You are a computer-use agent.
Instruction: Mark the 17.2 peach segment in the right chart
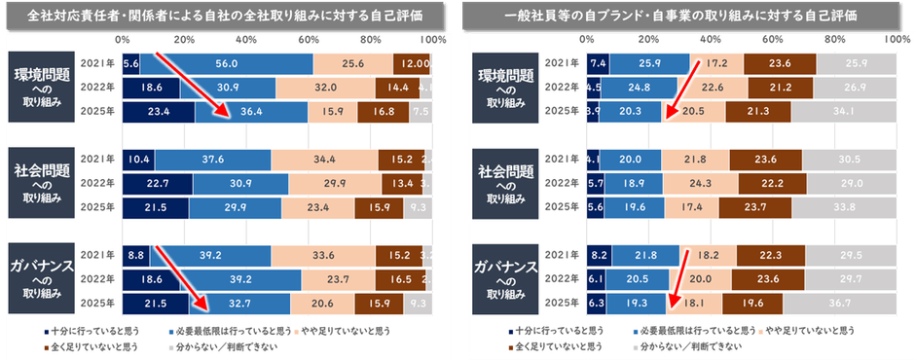click(716, 63)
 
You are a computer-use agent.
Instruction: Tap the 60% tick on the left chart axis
click(308, 40)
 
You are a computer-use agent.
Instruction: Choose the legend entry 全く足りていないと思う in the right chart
click(549, 345)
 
